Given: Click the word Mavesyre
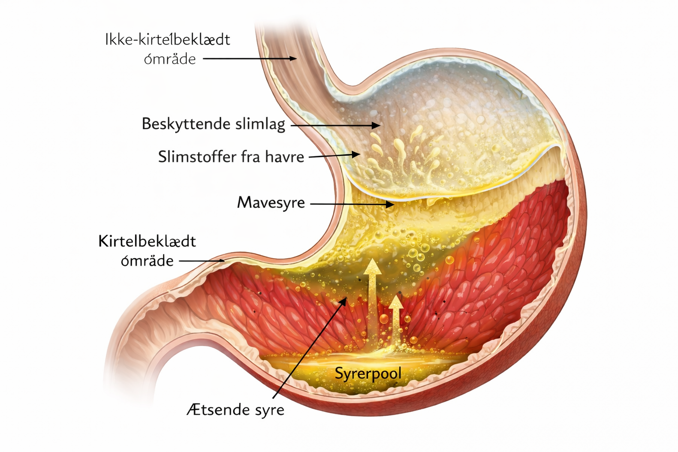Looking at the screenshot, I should pyautogui.click(x=271, y=203).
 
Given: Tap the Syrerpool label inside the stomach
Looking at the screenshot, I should pyautogui.click(x=368, y=373).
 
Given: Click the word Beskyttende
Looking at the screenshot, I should pyautogui.click(x=186, y=124).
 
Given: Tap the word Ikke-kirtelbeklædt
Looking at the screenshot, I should pyautogui.click(x=168, y=40).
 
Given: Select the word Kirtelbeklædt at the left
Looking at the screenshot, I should pyautogui.click(x=147, y=241).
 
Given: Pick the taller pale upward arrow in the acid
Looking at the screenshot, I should pyautogui.click(x=373, y=300).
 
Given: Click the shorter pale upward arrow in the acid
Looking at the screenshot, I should pyautogui.click(x=396, y=318).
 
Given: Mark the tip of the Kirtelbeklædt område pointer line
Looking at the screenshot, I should pyautogui.click(x=223, y=261).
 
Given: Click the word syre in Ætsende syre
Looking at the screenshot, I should pyautogui.click(x=270, y=410).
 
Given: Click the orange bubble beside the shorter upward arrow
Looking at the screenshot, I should pyautogui.click(x=384, y=319).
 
